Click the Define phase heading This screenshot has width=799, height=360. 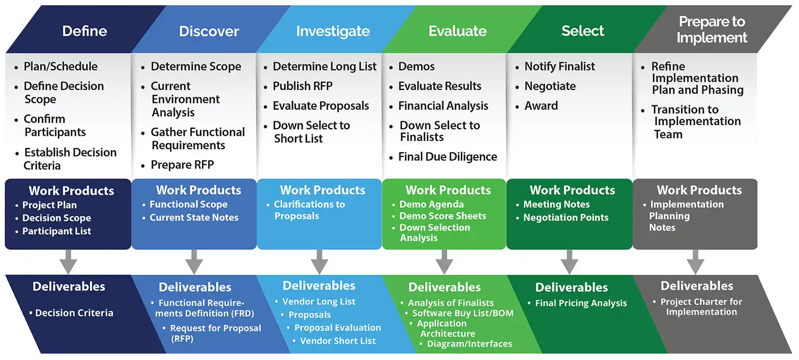point(85,31)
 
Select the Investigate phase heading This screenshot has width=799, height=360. point(333,31)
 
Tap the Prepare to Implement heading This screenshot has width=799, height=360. point(712,30)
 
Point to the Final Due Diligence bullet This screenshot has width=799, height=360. point(447,157)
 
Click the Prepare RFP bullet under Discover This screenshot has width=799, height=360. point(182,165)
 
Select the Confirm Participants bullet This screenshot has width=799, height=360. point(54,126)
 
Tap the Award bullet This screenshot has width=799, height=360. point(541,106)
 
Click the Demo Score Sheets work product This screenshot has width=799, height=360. point(443,216)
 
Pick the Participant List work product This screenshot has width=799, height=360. point(56,231)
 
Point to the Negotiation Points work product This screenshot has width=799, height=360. point(566,217)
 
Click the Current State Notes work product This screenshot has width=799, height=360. point(194,217)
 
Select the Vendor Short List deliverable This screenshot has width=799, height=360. point(338,341)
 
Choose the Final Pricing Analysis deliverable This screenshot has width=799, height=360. point(581,304)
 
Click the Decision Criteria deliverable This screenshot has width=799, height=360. point(74,313)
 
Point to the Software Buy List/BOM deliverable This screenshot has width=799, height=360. point(462,313)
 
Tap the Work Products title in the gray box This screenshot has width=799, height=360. point(699,190)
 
